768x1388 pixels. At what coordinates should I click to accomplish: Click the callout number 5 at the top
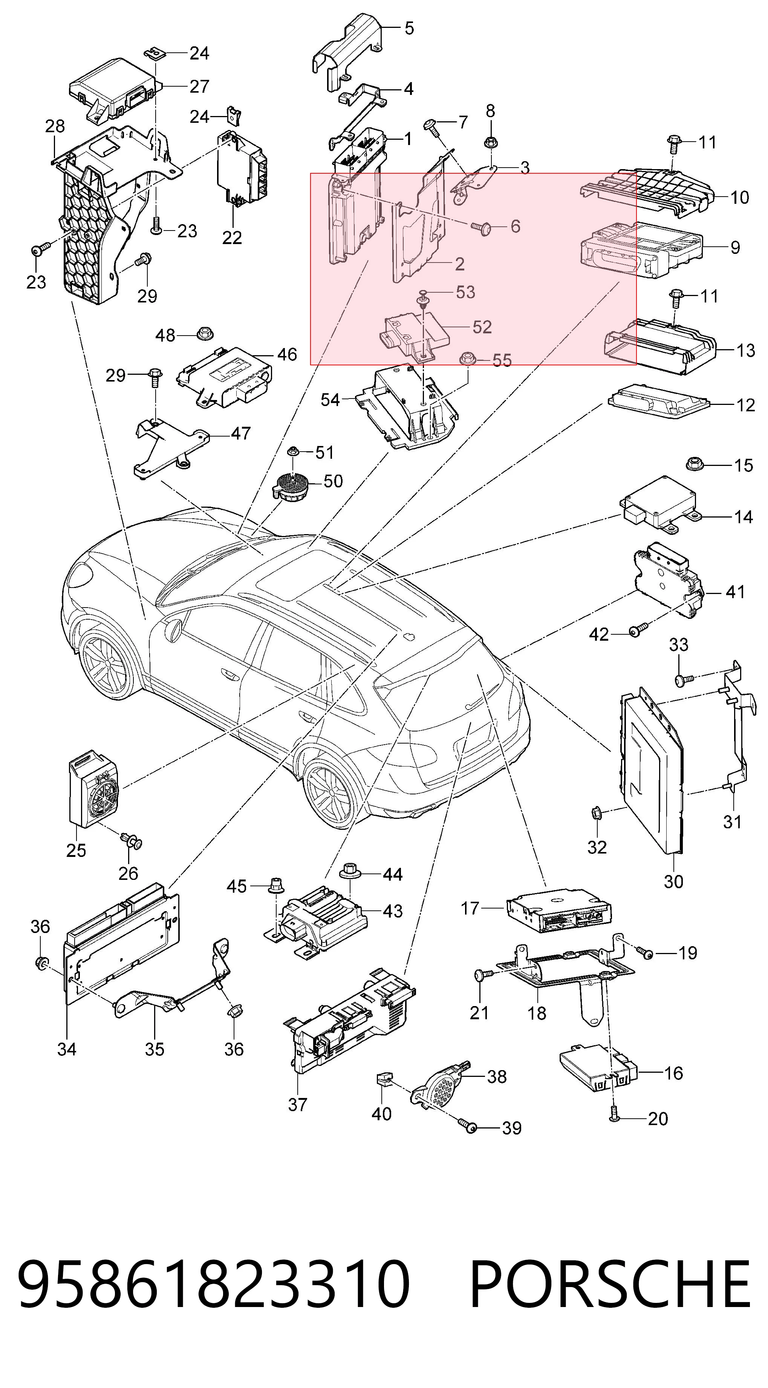(x=409, y=28)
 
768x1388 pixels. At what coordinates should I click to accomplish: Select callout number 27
(x=199, y=86)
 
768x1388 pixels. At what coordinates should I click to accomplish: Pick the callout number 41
(x=736, y=592)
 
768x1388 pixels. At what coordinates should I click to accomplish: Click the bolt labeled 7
(x=432, y=126)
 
